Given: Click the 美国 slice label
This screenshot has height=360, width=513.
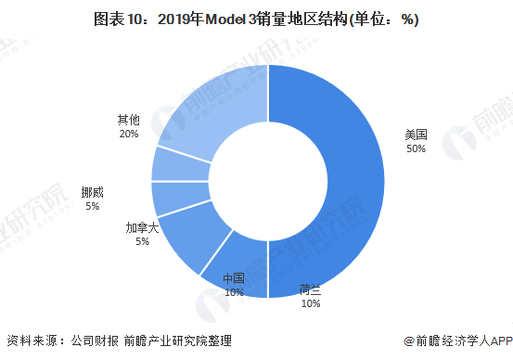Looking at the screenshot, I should click(x=417, y=135).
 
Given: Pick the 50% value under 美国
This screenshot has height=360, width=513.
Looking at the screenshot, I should click(x=417, y=148).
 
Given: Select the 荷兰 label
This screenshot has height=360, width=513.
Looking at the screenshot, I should click(x=311, y=289).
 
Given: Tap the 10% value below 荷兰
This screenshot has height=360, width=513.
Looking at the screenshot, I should click(x=311, y=302).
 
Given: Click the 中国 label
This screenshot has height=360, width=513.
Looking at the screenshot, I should click(x=234, y=278).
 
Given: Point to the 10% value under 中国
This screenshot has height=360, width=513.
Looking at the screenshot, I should click(x=234, y=291).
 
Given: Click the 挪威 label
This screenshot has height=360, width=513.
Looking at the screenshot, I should click(x=92, y=192).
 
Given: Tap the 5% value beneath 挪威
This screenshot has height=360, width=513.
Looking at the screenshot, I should click(x=92, y=206).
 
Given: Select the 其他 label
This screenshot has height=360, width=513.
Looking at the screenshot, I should click(x=128, y=120).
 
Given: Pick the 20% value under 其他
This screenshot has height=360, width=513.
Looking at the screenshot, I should click(x=128, y=134).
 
